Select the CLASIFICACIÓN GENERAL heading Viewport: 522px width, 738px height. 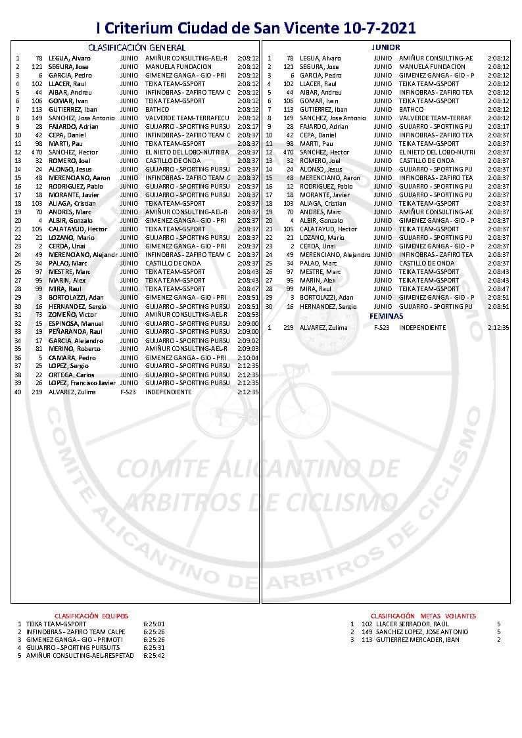pos(137,47)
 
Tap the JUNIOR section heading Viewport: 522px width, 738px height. pos(386,47)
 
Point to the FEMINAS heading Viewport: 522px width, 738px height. pos(386,316)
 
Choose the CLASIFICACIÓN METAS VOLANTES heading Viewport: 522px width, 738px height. pos(423,616)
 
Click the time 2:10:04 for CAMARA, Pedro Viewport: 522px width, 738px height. pos(248,357)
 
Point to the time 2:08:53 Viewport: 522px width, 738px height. pos(248,315)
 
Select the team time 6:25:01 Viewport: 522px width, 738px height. pos(153,624)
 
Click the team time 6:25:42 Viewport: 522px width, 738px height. pos(153,655)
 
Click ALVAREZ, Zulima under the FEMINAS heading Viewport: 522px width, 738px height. pos(325,327)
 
